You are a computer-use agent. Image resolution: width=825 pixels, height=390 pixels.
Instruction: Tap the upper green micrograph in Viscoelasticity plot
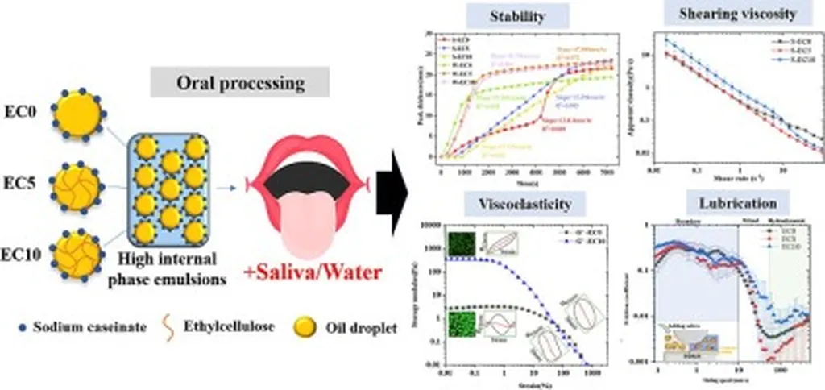click(462, 243)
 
